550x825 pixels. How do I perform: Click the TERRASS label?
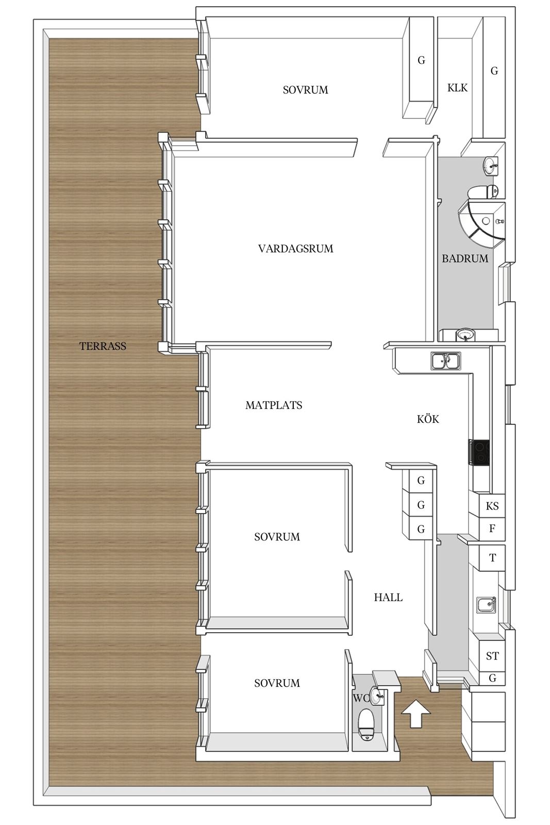pyautogui.click(x=103, y=346)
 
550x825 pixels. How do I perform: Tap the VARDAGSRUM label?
pyautogui.click(x=295, y=249)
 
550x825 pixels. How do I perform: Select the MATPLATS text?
pyautogui.click(x=274, y=405)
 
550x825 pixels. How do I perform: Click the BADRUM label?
pyautogui.click(x=465, y=258)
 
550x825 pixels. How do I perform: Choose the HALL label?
pyautogui.click(x=388, y=598)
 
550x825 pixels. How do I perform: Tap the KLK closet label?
pyautogui.click(x=457, y=88)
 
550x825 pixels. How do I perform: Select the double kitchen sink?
pyautogui.click(x=445, y=361)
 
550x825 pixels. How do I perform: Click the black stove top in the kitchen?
pyautogui.click(x=478, y=452)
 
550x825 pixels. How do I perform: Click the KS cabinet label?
pyautogui.click(x=492, y=506)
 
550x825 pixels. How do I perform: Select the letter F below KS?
pyautogui.click(x=492, y=528)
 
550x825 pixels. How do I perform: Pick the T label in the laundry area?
pyautogui.click(x=493, y=557)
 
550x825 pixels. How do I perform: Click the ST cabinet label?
pyautogui.click(x=492, y=656)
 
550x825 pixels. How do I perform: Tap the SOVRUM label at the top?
pyautogui.click(x=305, y=90)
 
